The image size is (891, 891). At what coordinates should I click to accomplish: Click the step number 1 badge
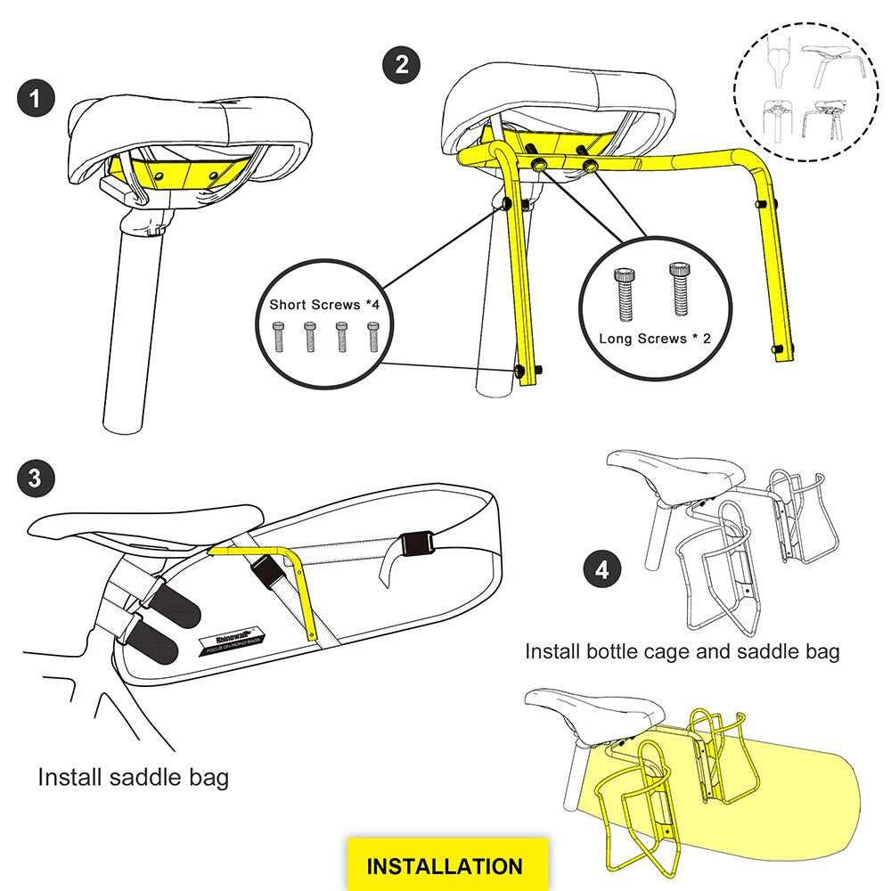coord(36,98)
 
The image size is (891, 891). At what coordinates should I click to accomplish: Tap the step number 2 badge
coord(402,65)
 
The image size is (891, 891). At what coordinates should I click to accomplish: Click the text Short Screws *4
coord(327,305)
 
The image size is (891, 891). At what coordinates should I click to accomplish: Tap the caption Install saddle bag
coord(133,777)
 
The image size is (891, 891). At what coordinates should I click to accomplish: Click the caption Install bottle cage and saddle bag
coord(682,651)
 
